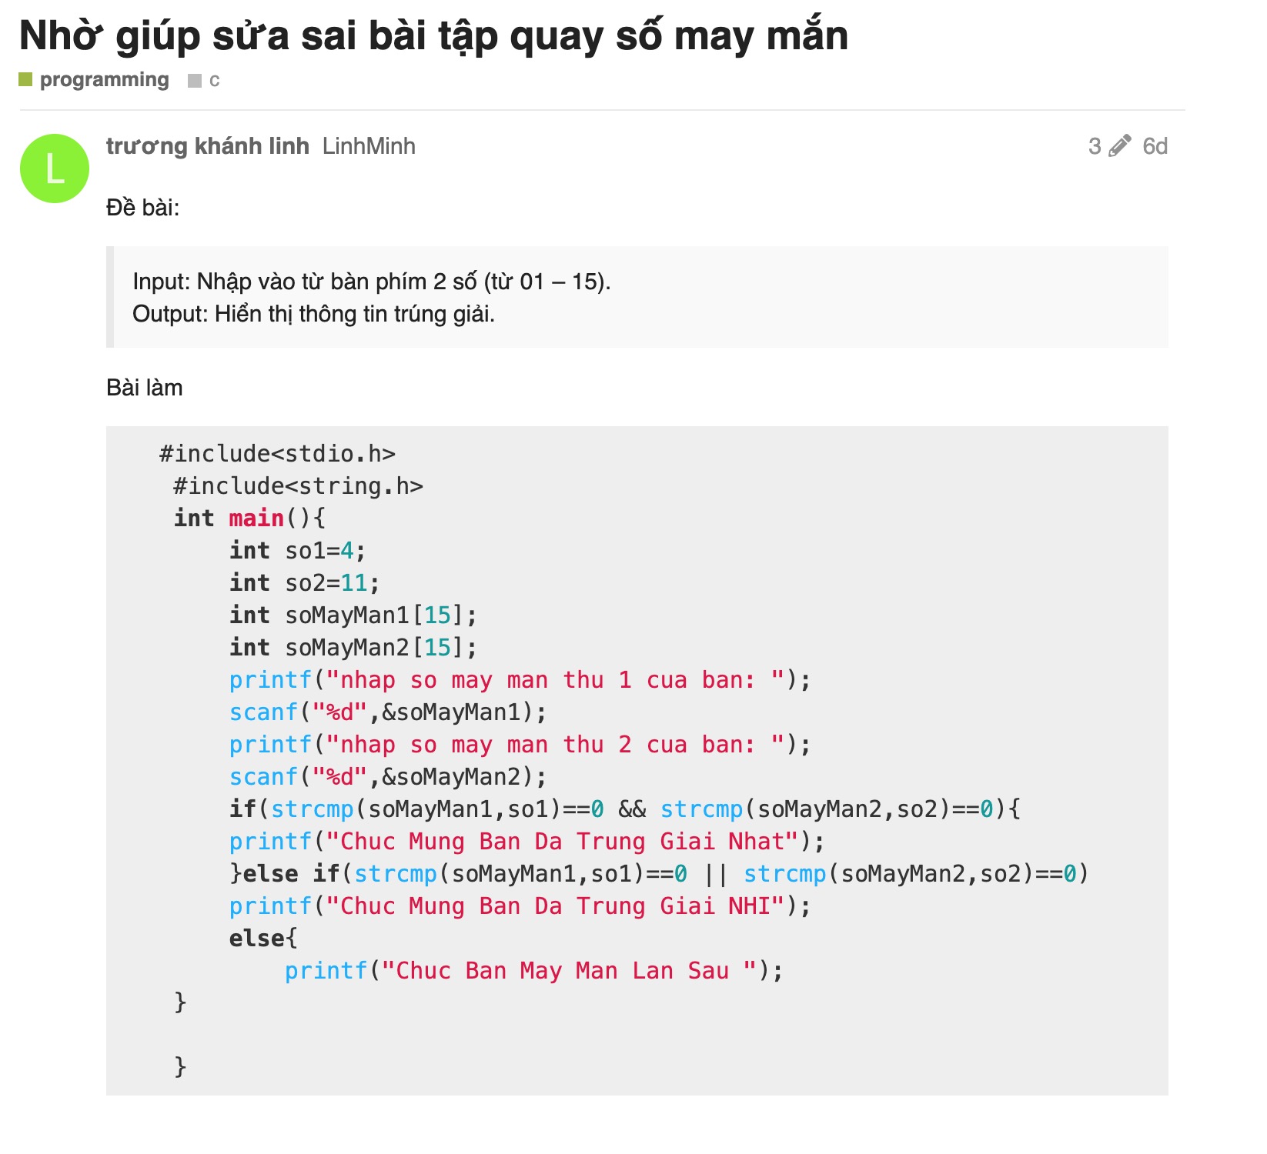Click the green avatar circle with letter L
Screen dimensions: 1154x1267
point(55,168)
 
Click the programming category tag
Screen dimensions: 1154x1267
point(104,80)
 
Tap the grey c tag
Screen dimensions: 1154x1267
point(213,80)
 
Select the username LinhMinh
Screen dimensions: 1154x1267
point(369,146)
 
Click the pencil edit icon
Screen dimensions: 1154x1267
point(1119,145)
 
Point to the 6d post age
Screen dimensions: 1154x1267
point(1155,146)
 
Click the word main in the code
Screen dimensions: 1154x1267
point(256,519)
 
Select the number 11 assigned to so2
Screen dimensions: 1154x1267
point(354,583)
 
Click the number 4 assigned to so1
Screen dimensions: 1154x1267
point(347,551)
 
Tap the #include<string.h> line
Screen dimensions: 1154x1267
point(298,486)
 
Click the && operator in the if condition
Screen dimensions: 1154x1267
point(632,809)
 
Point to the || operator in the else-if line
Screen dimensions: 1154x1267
point(715,874)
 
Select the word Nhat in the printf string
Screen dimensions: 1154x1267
point(756,842)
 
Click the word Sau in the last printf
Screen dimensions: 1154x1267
point(708,971)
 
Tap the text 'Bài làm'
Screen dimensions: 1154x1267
point(145,388)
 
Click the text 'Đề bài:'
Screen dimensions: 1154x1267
point(142,208)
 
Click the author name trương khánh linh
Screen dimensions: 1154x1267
point(207,146)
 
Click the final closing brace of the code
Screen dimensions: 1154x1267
point(180,1066)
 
